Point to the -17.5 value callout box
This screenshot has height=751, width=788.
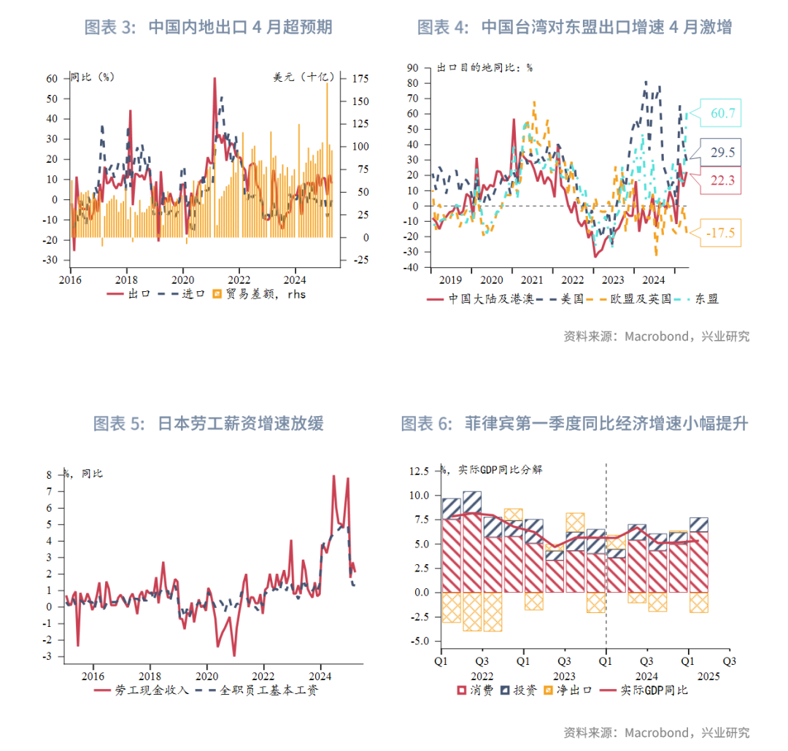(720, 234)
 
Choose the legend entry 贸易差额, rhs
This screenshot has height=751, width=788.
(258, 294)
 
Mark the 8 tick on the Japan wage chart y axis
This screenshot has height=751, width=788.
(49, 474)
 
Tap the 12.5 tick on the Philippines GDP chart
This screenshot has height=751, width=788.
(419, 471)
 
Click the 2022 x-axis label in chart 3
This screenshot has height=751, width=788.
(239, 279)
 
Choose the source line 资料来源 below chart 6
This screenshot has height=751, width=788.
(656, 732)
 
